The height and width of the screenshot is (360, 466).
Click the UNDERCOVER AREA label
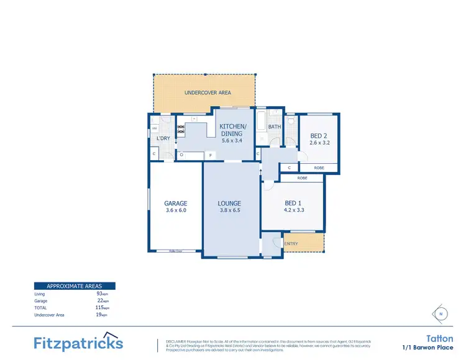[x=208, y=93]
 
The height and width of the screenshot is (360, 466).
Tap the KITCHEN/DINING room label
[x=233, y=130]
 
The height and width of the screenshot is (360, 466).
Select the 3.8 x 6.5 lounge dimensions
[x=229, y=210]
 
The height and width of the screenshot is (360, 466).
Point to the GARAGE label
[x=176, y=204]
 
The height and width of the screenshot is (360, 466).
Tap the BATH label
[x=275, y=127]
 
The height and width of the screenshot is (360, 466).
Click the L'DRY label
[x=163, y=138]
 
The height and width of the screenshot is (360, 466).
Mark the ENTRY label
[x=291, y=244]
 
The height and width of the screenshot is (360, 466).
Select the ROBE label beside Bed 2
[x=319, y=168]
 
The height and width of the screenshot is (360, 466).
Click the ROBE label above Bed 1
[x=302, y=178]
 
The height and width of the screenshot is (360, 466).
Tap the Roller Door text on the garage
[x=176, y=251]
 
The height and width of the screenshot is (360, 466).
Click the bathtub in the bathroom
[x=262, y=124]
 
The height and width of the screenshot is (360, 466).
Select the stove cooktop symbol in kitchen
[x=181, y=130]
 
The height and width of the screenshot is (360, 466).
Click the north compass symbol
[x=441, y=314]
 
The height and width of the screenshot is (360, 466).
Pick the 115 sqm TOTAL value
[x=99, y=307]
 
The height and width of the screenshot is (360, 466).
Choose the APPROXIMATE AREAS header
[x=74, y=286]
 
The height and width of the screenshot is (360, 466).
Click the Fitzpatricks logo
[x=78, y=343]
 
